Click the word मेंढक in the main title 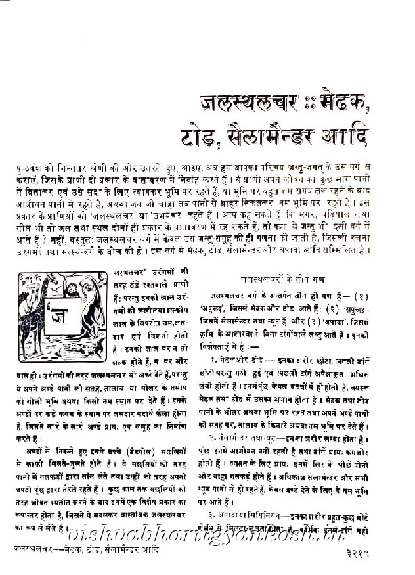click(x=345, y=104)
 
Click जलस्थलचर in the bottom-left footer click(x=40, y=551)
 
